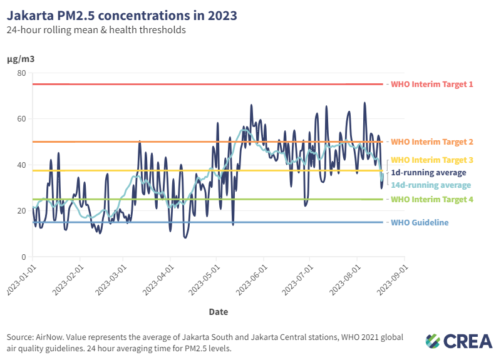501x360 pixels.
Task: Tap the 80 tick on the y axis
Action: click(21, 73)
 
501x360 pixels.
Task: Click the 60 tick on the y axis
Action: click(21, 119)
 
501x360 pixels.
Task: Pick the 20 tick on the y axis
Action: click(21, 211)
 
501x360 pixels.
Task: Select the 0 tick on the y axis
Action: click(23, 257)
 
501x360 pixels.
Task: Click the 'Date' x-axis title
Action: click(218, 311)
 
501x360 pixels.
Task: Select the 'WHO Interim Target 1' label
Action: click(432, 84)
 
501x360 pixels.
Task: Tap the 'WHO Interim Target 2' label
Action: click(432, 142)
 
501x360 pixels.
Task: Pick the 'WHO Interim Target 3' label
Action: click(432, 160)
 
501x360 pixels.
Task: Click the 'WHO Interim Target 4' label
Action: click(432, 200)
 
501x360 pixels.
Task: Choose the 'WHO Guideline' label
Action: click(420, 223)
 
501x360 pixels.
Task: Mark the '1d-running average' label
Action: click(428, 173)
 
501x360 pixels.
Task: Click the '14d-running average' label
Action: click(431, 185)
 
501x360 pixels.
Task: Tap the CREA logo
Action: click(458, 341)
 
